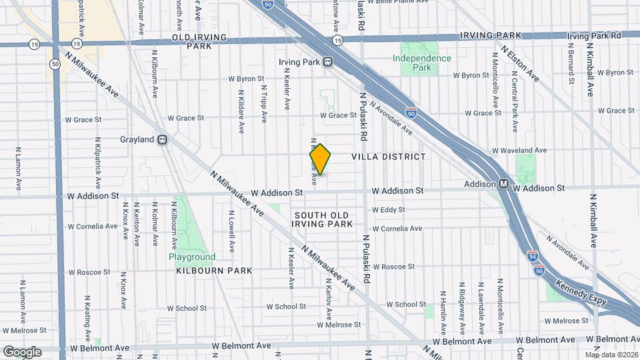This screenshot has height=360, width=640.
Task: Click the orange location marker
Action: (x=320, y=159)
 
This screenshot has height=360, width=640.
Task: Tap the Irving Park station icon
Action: (x=327, y=62)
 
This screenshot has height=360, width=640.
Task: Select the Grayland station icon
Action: (x=162, y=140)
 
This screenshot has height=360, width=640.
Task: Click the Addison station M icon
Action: (x=505, y=184)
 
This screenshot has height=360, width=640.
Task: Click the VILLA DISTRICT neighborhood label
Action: (x=388, y=157)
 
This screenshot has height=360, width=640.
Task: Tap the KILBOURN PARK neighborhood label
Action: (x=214, y=271)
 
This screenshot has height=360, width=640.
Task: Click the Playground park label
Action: (x=192, y=257)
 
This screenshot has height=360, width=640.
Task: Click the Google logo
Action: (x=22, y=351)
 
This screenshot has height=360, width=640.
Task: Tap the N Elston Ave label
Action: (x=521, y=63)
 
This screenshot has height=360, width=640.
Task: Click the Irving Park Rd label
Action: (x=593, y=35)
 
